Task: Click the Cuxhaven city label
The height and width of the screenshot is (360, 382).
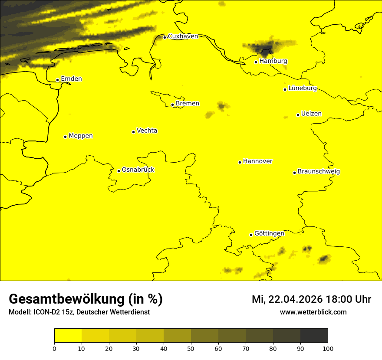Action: click(183, 36)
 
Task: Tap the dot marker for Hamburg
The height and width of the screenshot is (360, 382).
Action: click(256, 62)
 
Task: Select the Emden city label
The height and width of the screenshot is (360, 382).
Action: click(71, 79)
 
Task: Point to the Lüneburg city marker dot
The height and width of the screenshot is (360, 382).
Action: click(285, 89)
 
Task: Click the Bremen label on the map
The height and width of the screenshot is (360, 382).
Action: click(188, 104)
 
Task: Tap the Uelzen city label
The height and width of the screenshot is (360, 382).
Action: click(311, 114)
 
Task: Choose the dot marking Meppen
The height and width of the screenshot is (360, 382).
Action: click(65, 137)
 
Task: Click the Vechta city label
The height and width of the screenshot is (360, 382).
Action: click(147, 131)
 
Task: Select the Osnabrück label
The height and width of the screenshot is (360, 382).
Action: click(138, 170)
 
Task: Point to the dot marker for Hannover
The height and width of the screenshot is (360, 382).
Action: click(240, 162)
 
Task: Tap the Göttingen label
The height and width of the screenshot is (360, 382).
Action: click(269, 234)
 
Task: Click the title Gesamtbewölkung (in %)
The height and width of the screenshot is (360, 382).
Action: click(86, 299)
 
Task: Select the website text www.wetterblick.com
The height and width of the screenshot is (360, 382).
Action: click(313, 312)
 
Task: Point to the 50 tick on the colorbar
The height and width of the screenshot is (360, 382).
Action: click(191, 348)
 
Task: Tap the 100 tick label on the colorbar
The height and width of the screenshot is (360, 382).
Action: click(328, 348)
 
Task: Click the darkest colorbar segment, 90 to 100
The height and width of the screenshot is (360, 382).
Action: click(314, 336)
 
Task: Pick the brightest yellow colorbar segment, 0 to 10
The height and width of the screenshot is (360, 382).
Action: click(68, 336)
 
